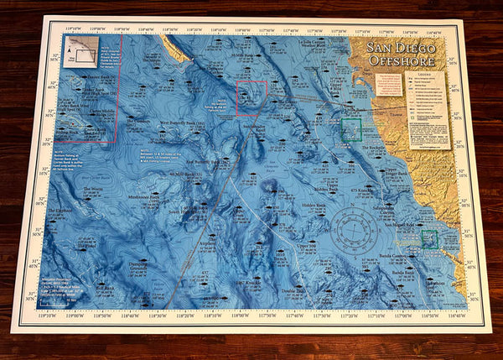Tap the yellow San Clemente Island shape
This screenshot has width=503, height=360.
[x=178, y=50]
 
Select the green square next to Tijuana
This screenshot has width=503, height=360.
[x=351, y=128]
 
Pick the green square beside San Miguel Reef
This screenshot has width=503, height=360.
[x=430, y=238]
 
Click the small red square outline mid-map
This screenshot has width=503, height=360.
[x=251, y=98]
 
